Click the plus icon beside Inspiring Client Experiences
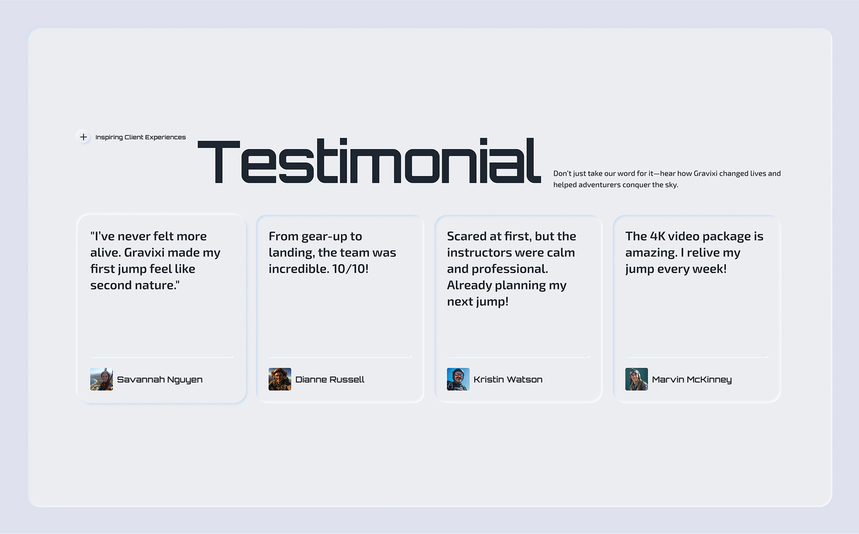(x=83, y=137)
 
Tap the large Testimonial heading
(x=369, y=161)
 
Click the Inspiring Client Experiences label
(x=141, y=137)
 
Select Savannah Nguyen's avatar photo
(x=102, y=379)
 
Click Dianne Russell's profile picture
(x=280, y=379)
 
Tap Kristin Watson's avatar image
(x=458, y=379)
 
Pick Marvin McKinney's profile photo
(x=637, y=379)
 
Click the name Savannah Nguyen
(x=159, y=380)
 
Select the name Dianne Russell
(x=330, y=380)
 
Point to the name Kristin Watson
(x=508, y=380)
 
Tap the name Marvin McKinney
(x=692, y=380)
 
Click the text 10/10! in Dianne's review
(x=350, y=269)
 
